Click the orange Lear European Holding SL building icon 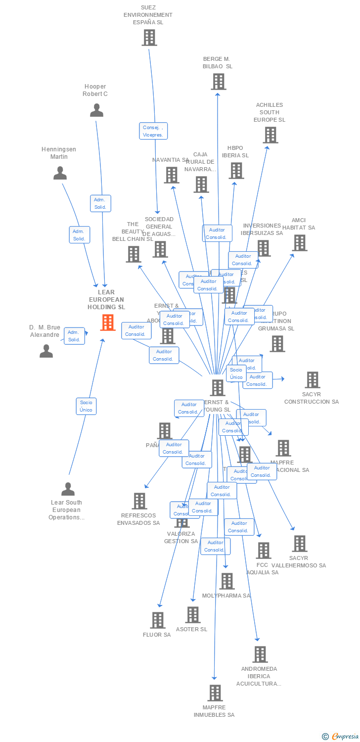click(108, 323)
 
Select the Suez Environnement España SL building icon click(149, 38)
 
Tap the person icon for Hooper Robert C click(96, 110)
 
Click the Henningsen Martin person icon click(60, 173)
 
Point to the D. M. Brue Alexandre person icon click(46, 351)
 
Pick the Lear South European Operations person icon click(68, 489)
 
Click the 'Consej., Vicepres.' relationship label click(153, 131)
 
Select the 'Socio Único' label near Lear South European click(86, 406)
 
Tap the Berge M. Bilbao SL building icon click(218, 82)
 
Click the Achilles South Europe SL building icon click(270, 135)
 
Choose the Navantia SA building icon click(171, 175)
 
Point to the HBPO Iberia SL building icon click(236, 171)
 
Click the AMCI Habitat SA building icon click(299, 243)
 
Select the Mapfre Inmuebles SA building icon click(215, 693)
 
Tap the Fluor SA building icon click(157, 620)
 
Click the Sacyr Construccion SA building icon click(312, 380)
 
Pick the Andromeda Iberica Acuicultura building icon click(260, 654)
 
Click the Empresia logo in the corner click(340, 737)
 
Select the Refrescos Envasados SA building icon click(139, 501)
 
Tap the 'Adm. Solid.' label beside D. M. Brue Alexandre click(74, 336)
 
